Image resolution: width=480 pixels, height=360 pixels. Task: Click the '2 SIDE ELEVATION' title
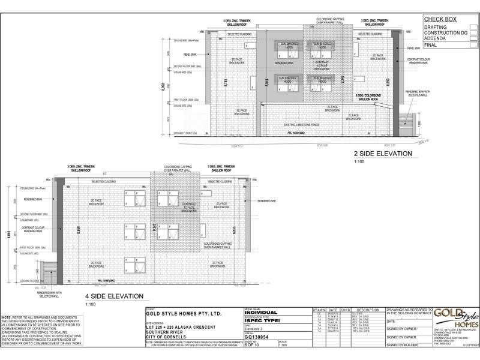tap(382, 154)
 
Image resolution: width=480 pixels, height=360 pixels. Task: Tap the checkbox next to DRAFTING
tap(473, 27)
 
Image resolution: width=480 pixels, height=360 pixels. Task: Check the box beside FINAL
tap(473, 45)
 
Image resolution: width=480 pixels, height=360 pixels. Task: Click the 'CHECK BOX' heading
tap(441, 19)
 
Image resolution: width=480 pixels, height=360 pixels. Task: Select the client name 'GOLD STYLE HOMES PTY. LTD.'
tap(184, 314)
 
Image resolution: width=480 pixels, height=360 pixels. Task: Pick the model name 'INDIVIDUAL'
tap(261, 313)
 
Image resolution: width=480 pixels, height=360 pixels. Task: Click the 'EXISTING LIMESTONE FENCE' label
tap(301, 125)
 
